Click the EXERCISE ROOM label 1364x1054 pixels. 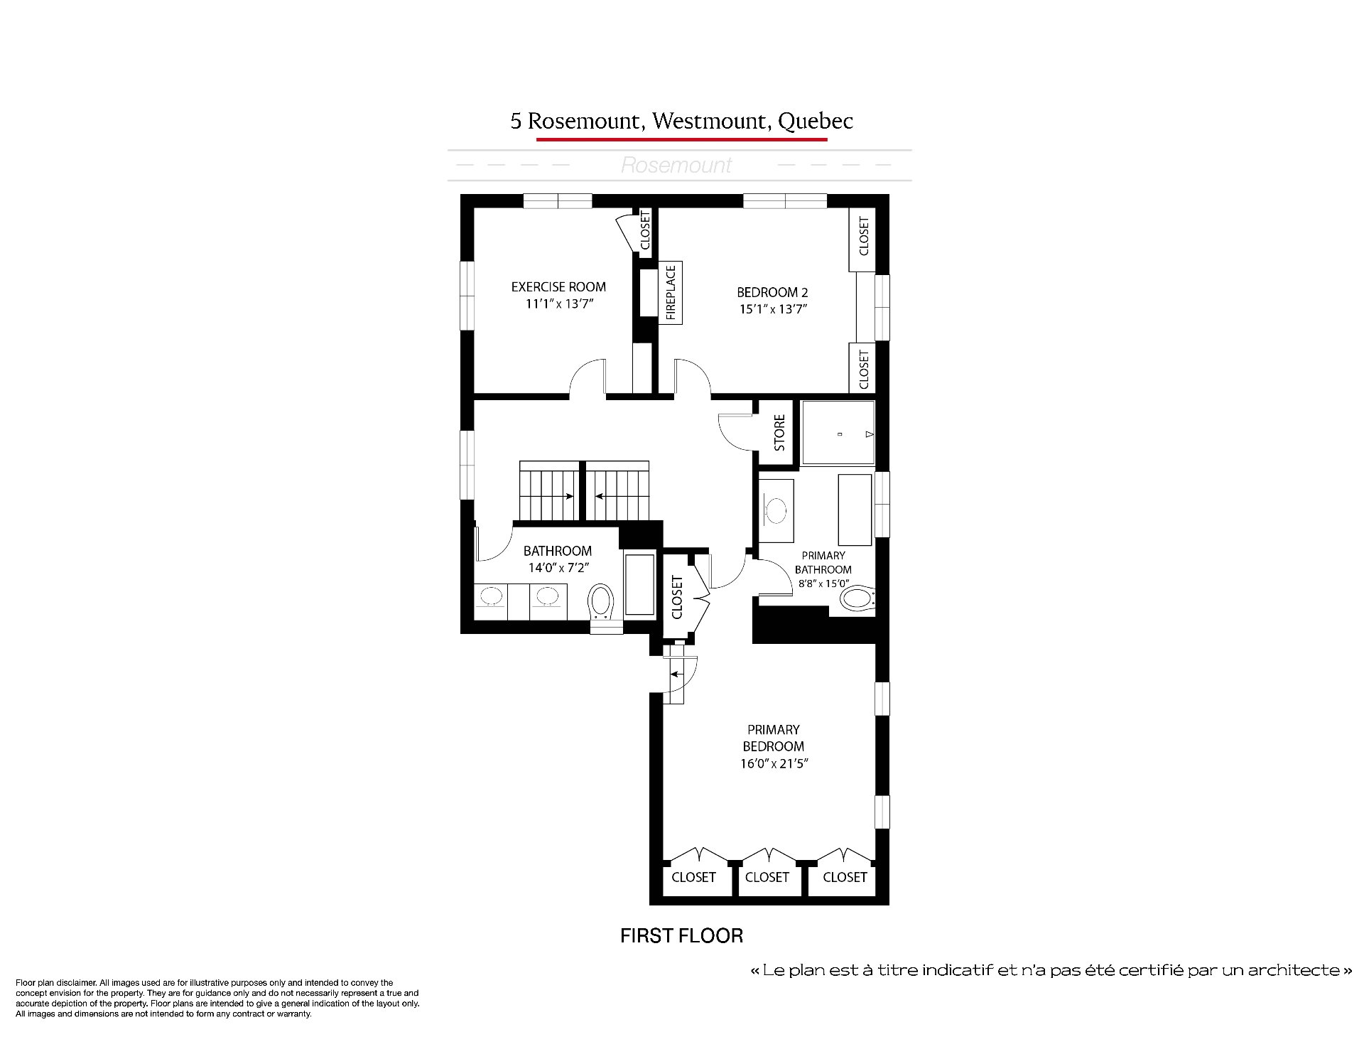(558, 287)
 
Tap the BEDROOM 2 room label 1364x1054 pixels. (772, 292)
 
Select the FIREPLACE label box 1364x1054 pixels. (671, 293)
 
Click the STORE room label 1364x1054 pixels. (779, 433)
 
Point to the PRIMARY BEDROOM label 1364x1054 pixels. (773, 738)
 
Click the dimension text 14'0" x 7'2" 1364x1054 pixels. (558, 568)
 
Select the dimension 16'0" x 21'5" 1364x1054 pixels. (774, 764)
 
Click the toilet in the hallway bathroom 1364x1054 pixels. (602, 608)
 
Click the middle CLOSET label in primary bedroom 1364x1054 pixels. (767, 877)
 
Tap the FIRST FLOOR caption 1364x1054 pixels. (681, 935)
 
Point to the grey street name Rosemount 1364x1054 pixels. (676, 166)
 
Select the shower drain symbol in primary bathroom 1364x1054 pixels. (840, 434)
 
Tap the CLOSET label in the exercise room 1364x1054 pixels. (645, 230)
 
